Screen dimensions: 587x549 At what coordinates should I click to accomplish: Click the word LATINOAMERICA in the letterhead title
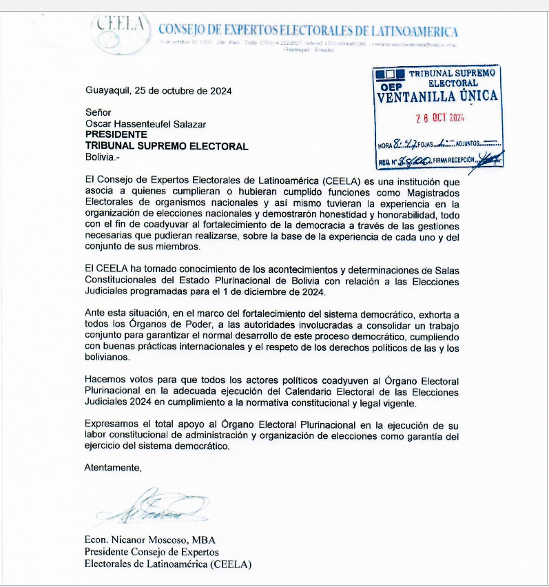(415, 31)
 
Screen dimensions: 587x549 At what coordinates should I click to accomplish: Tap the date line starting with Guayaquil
(158, 91)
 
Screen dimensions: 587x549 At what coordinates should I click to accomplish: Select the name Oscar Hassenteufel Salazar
(145, 124)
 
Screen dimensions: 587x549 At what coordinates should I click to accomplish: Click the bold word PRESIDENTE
(116, 135)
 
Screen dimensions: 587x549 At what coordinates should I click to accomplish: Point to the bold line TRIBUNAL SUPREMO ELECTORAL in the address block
(166, 146)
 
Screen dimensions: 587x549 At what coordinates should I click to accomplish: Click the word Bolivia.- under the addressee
(102, 157)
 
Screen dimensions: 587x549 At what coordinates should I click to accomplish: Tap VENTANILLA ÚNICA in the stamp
(437, 96)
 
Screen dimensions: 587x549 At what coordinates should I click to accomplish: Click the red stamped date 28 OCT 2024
(440, 117)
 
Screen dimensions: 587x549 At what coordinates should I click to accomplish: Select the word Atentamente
(113, 468)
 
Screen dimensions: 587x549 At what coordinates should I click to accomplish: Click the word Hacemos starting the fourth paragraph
(103, 380)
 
